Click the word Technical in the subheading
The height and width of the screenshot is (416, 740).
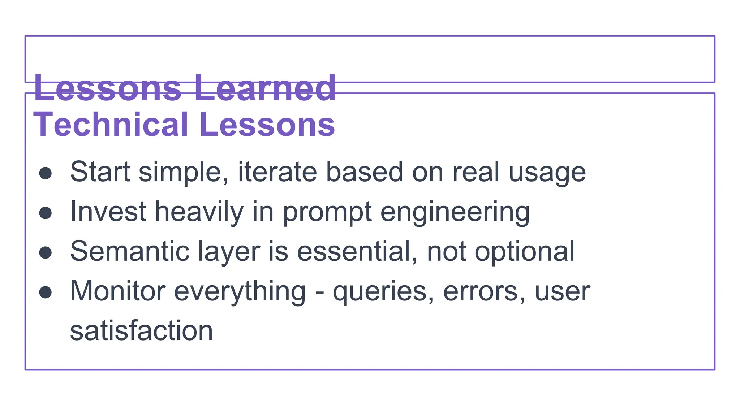[x=111, y=125]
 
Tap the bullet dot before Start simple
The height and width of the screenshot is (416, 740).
[x=46, y=173]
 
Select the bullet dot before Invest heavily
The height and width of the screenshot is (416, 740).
[x=46, y=213]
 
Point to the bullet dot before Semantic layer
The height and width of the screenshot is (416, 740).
[x=46, y=252]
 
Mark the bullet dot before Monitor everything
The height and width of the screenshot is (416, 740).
[x=46, y=292]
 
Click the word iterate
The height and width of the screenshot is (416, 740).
[x=277, y=172]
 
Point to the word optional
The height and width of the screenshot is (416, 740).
[x=524, y=252]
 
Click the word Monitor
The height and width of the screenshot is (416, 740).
[x=118, y=291]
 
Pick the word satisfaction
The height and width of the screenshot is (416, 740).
[x=141, y=331]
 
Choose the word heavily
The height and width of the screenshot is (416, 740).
[x=199, y=212]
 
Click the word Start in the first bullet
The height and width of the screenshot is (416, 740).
[x=100, y=172]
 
